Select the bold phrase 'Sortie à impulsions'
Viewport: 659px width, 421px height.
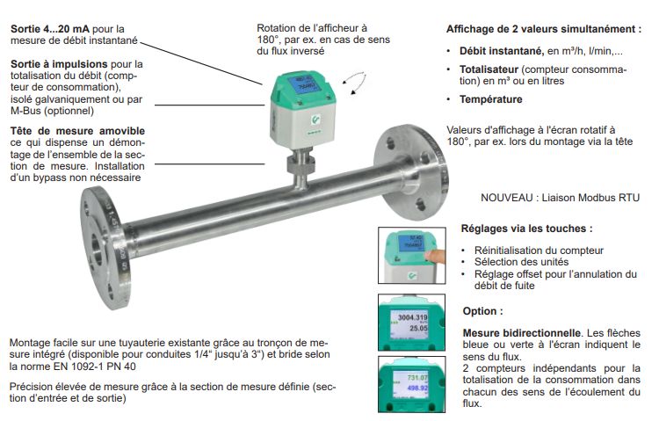tap(59, 64)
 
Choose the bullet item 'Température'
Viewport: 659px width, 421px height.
tap(490, 99)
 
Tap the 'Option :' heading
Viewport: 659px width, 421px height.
tap(482, 312)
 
